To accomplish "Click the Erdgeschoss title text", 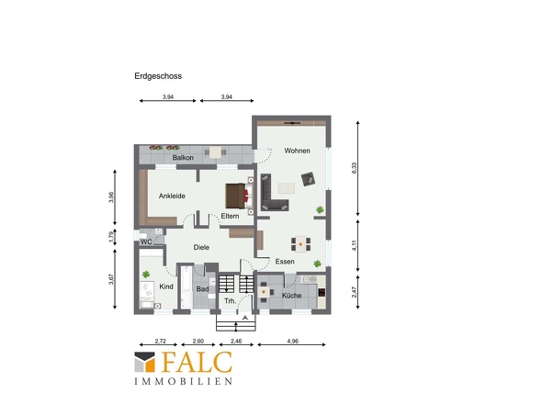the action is click(158, 76).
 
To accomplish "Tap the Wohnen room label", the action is click(297, 151).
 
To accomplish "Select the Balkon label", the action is click(183, 158).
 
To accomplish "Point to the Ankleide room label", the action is click(172, 196).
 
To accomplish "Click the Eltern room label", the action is click(230, 216).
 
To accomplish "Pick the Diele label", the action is click(201, 247).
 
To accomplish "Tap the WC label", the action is click(146, 241).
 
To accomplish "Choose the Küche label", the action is click(292, 296).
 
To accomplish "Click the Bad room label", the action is click(202, 289).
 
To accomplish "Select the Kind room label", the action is click(166, 286).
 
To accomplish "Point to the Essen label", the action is click(285, 262).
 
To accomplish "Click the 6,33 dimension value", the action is click(355, 168).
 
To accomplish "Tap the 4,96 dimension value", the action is click(292, 341).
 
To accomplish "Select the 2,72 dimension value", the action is click(161, 341).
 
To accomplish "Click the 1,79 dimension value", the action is click(111, 236).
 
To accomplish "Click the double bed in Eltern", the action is click(237, 196).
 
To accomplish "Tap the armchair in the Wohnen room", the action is click(308, 179).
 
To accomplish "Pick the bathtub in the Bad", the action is click(186, 287).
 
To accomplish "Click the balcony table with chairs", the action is click(215, 152).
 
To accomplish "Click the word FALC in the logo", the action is click(197, 362).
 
